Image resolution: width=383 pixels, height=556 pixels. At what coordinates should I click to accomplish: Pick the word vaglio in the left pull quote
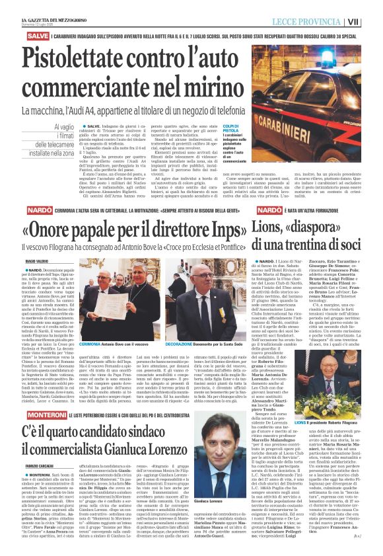pos(63,127)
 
